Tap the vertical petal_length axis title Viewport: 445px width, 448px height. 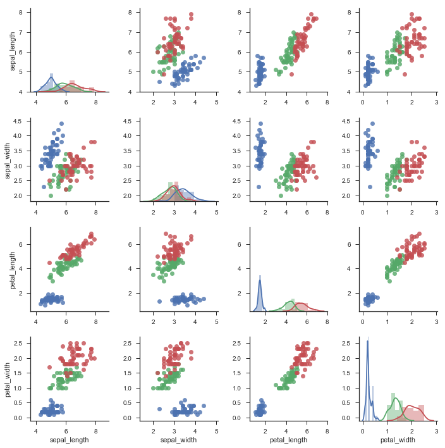(x=13, y=270)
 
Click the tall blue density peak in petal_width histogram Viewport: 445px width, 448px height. (x=367, y=341)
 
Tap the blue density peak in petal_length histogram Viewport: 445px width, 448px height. (x=260, y=280)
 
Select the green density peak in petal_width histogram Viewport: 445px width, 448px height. (x=396, y=398)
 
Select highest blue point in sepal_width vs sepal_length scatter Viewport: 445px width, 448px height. (x=61, y=124)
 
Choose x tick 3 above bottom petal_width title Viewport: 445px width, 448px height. (x=437, y=430)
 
